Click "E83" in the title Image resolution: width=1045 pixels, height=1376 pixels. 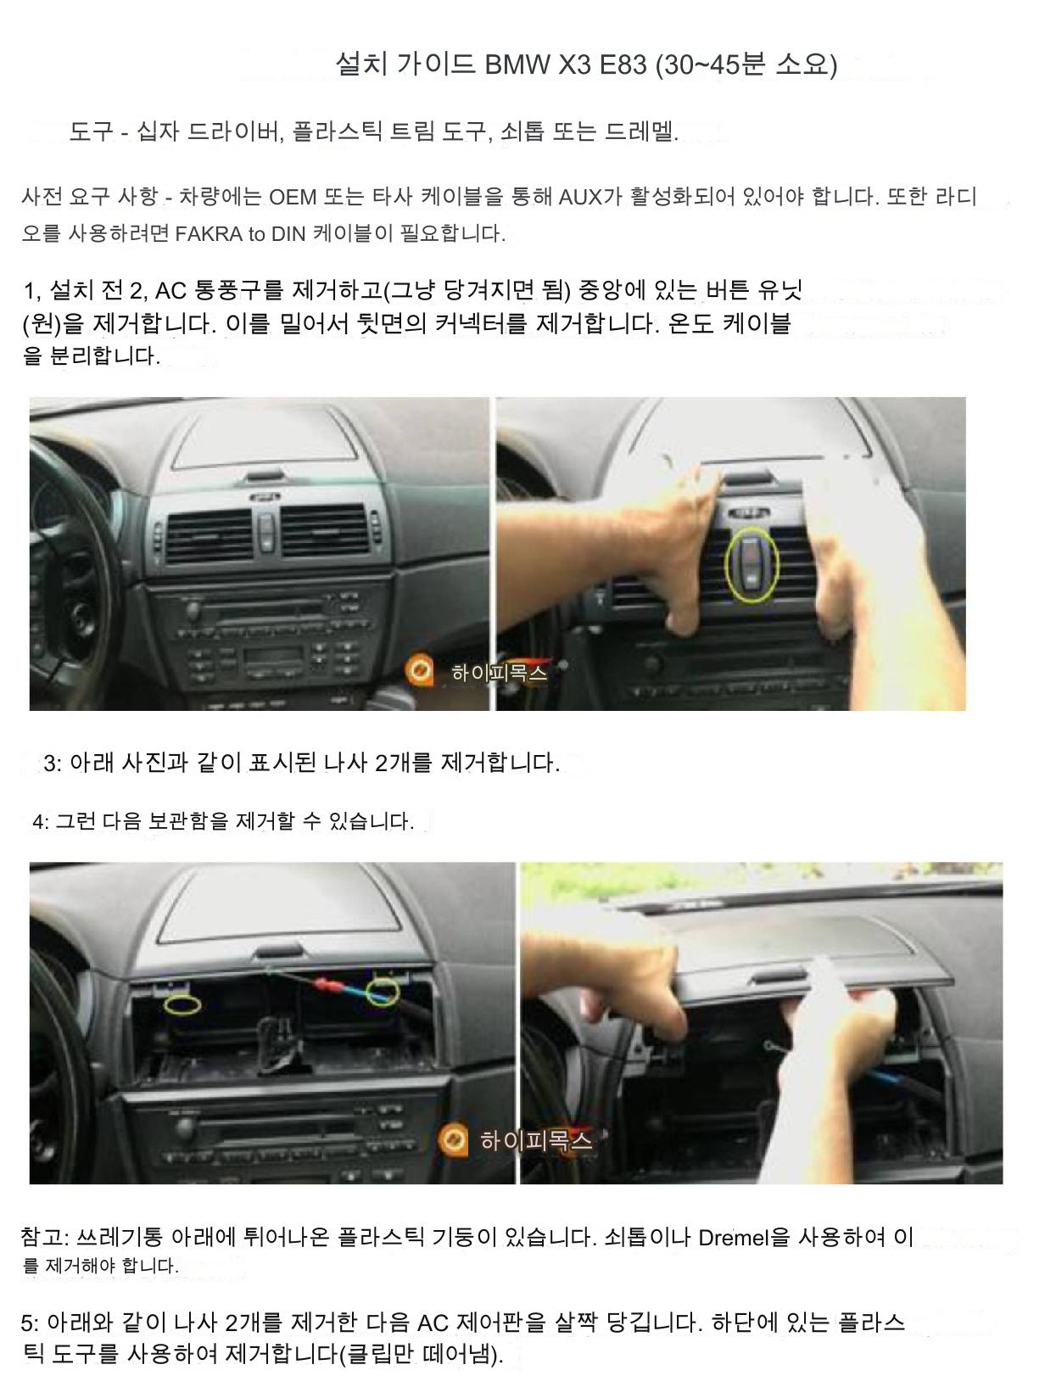tap(623, 64)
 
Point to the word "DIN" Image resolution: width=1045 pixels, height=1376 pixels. tap(288, 234)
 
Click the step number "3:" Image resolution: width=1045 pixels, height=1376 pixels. tap(53, 764)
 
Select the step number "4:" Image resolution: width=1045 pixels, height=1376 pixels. tap(41, 821)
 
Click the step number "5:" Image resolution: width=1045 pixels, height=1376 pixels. tap(30, 1323)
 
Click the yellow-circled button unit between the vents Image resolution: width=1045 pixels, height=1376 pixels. tap(752, 563)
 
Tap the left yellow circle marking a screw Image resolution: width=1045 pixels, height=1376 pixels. tap(182, 1004)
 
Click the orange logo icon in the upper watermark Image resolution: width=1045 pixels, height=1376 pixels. tap(419, 670)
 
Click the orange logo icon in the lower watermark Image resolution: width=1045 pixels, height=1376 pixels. tap(452, 1139)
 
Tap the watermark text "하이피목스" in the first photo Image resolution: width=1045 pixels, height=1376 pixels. tap(500, 673)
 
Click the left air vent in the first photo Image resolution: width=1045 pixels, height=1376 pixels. tap(210, 534)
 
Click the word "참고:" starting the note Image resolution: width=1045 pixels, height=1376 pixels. tap(44, 1237)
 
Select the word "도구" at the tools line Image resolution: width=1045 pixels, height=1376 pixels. tap(91, 131)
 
